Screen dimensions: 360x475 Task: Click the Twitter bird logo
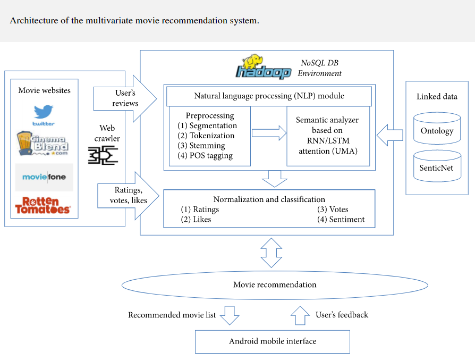pos(44,114)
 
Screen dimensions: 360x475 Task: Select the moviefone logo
pos(44,176)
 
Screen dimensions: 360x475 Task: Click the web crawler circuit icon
pos(103,156)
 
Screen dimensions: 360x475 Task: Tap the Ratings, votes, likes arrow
pos(128,195)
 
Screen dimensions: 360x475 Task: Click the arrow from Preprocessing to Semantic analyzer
pos(268,133)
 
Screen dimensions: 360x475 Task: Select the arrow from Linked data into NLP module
pos(389,135)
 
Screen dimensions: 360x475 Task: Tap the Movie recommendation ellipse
pos(275,285)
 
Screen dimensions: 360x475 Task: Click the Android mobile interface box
pos(273,341)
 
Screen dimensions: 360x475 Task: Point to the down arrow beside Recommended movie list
pos(230,315)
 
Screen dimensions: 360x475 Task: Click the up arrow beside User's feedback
pos(300,315)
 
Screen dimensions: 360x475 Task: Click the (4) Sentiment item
pos(341,219)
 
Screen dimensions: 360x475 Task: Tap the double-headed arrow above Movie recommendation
pos(272,253)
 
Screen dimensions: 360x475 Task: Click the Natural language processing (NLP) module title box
pos(269,96)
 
